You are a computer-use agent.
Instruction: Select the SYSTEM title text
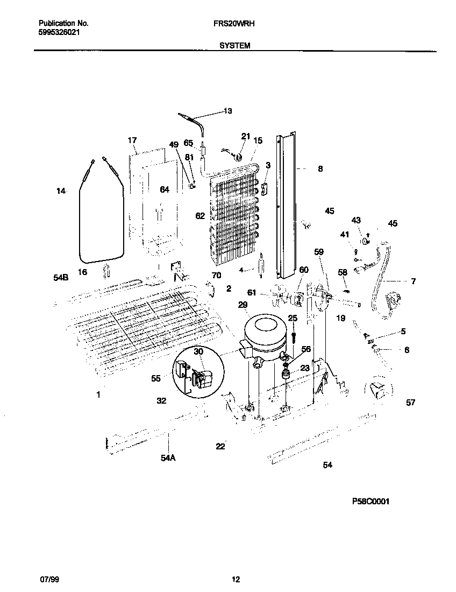(x=234, y=46)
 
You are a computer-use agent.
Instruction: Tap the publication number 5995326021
(x=61, y=32)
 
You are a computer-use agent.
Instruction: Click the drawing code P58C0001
(x=370, y=501)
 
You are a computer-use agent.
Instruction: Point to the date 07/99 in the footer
(x=48, y=580)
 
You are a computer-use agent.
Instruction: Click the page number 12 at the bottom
(x=236, y=580)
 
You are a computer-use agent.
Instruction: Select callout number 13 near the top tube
(x=227, y=111)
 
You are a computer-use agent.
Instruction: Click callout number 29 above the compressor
(x=243, y=305)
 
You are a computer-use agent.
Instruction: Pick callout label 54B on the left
(x=61, y=278)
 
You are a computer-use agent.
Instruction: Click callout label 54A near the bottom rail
(x=168, y=458)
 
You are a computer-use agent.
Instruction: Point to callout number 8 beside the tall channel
(x=320, y=169)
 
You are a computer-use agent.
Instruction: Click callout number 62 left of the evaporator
(x=200, y=216)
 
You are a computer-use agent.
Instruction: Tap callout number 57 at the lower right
(x=410, y=402)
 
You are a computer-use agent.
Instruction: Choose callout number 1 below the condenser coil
(x=98, y=395)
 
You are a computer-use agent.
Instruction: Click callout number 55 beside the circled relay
(x=156, y=378)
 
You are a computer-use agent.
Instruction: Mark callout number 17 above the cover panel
(x=132, y=140)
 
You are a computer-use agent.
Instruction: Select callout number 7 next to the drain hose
(x=413, y=281)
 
